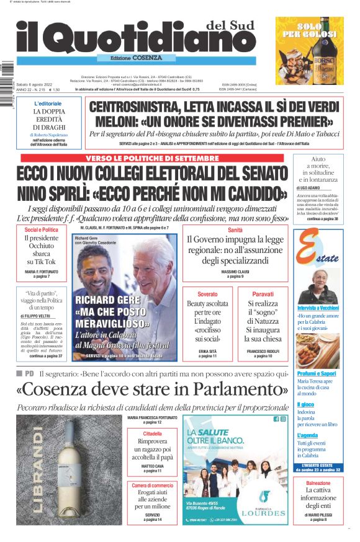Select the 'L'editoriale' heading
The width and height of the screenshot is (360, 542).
pos(48,104)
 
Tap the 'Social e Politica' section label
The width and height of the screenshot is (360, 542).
pos(42,230)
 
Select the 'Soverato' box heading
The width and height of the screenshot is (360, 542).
pos(207,293)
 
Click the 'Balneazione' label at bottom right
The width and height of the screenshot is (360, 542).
pos(318,483)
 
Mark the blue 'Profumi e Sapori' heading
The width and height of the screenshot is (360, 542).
pos(317,373)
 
